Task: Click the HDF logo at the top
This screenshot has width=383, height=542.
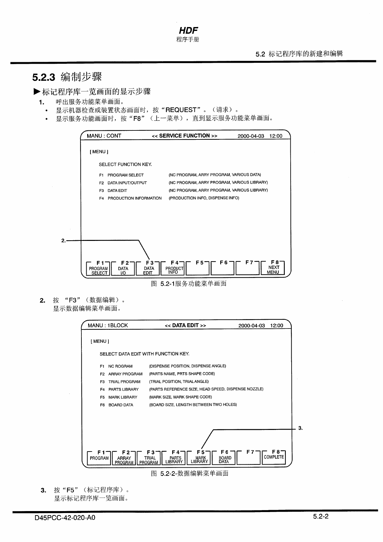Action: (x=188, y=31)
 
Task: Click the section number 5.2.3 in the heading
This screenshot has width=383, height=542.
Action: (x=44, y=77)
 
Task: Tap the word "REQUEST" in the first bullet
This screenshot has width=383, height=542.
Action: (x=181, y=110)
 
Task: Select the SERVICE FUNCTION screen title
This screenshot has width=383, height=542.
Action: (x=184, y=136)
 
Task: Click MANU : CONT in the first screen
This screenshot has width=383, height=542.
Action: (x=104, y=136)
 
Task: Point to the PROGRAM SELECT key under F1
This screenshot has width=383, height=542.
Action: (x=98, y=271)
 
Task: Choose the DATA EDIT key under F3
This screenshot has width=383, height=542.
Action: (x=148, y=271)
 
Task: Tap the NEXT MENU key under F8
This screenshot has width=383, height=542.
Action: (x=273, y=270)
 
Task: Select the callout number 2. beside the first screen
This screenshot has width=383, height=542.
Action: (x=63, y=240)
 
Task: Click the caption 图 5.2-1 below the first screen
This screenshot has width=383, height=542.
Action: (x=189, y=284)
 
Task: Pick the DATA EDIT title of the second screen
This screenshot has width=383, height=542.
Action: (x=185, y=326)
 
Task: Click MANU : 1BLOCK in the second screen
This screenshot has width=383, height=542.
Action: (x=107, y=326)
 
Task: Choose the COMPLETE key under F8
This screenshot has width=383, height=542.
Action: (x=274, y=457)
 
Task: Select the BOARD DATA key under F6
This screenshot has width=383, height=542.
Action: (x=225, y=460)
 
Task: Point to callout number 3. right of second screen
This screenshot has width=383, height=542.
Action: (x=300, y=428)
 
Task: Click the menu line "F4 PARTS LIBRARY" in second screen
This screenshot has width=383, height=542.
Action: (x=119, y=389)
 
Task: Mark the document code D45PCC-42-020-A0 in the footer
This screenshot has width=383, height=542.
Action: (x=65, y=518)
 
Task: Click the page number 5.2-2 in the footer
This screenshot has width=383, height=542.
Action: (x=320, y=517)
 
